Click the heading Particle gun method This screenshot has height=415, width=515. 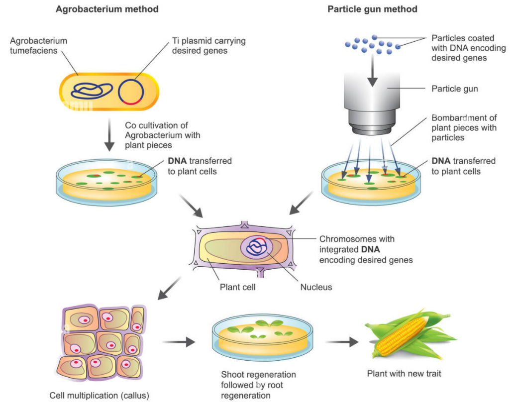[x=372, y=9]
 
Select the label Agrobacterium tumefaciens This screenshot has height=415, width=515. [x=38, y=46]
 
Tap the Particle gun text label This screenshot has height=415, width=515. [x=455, y=89]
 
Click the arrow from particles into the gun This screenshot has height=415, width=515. [x=372, y=75]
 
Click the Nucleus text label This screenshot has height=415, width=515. [x=316, y=287]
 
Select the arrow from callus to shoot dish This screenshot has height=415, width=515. [x=178, y=342]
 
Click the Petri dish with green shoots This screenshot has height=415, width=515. [x=263, y=338]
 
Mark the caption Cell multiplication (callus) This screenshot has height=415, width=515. [x=100, y=396]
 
